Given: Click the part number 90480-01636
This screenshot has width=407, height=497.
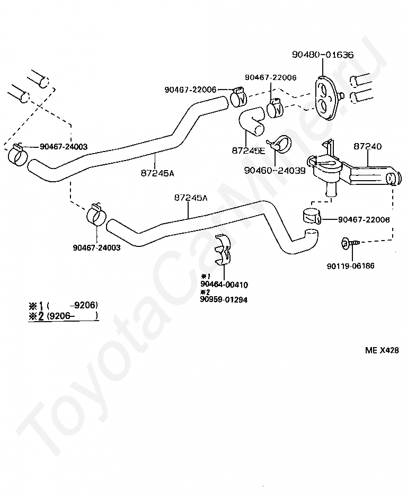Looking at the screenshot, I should click(322, 55).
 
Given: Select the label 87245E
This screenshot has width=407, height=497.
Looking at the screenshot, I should click(248, 150).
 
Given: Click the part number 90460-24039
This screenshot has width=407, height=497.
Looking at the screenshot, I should click(275, 170).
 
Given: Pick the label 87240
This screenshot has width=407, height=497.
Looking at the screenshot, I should click(367, 146).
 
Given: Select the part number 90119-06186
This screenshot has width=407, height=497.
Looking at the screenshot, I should click(350, 266).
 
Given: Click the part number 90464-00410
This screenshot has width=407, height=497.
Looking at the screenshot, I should click(224, 285).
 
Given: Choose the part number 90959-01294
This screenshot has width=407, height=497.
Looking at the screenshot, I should click(224, 299).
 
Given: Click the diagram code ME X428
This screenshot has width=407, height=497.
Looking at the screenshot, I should click(382, 350).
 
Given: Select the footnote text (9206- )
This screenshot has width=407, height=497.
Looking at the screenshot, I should click(73, 316).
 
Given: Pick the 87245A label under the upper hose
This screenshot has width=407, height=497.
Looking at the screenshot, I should click(157, 172).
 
